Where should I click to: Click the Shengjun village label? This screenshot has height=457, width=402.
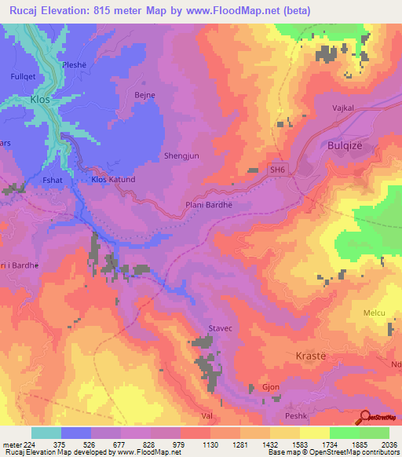[181, 155]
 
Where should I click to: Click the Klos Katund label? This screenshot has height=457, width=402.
[114, 180]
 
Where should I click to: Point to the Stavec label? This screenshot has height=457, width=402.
[220, 330]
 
